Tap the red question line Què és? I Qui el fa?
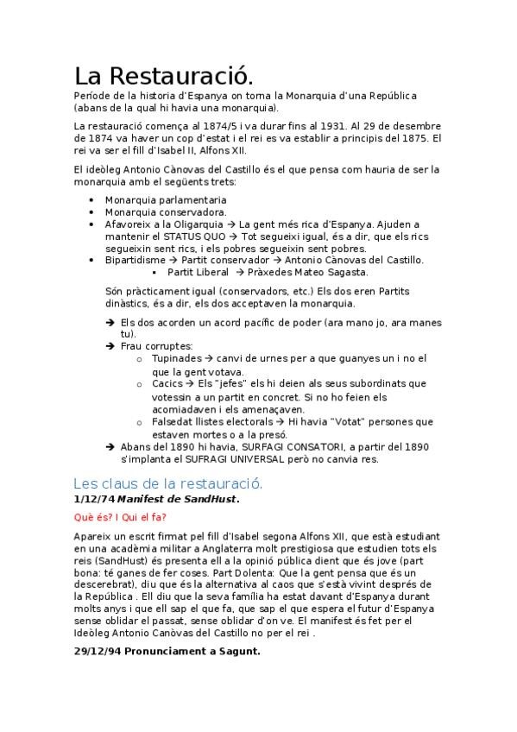[120, 517]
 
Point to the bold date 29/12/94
[97, 651]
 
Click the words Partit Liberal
[198, 272]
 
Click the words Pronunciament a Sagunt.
[192, 651]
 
